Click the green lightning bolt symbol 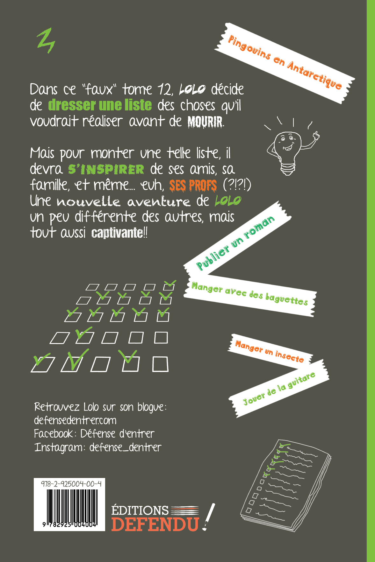pos(46,40)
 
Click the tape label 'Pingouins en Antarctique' pos(285,63)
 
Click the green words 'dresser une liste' pos(100,105)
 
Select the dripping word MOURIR pos(205,122)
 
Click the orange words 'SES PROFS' pos(193,186)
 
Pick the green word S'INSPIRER pos(106,169)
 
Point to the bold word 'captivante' pos(117,233)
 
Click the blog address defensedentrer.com pos(75,420)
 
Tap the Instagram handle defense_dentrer pos(126,447)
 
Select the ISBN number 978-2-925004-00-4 pos(71,484)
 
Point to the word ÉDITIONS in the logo pos(140,510)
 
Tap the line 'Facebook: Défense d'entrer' pos(94,434)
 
